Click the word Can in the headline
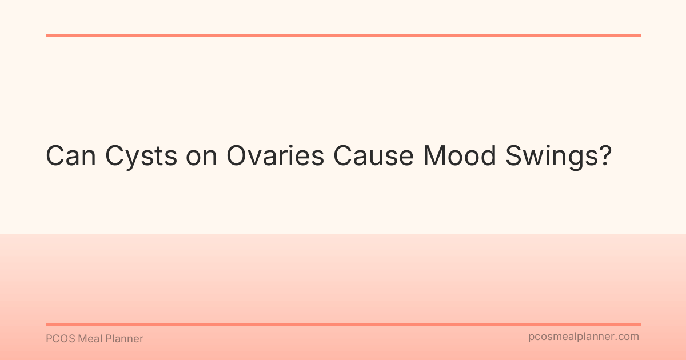[x=71, y=155]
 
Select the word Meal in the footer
[x=90, y=339]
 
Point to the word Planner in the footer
[x=124, y=339]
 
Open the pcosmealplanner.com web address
[x=584, y=337]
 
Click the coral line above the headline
[x=343, y=35]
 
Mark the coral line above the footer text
[x=343, y=325]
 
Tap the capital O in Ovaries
[x=238, y=155]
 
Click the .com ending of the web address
[x=628, y=337]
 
